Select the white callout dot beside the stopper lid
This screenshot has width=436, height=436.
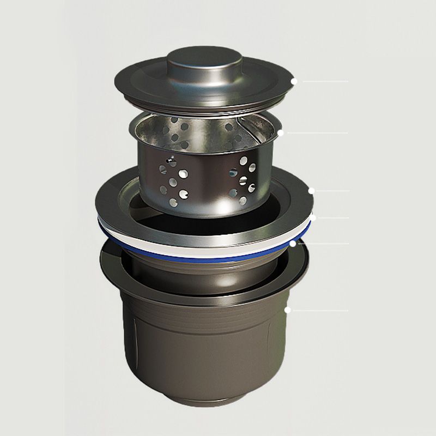pyautogui.click(x=293, y=81)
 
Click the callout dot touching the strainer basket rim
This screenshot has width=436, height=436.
pyautogui.click(x=280, y=132)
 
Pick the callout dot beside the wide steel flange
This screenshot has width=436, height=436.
pyautogui.click(x=311, y=191)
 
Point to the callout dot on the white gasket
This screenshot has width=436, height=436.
pyautogui.click(x=313, y=218)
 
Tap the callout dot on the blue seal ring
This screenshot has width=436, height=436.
pyautogui.click(x=293, y=244)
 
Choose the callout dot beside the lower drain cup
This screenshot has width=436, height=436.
pyautogui.click(x=287, y=310)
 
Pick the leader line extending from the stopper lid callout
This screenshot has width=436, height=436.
pyautogui.click(x=324, y=81)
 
